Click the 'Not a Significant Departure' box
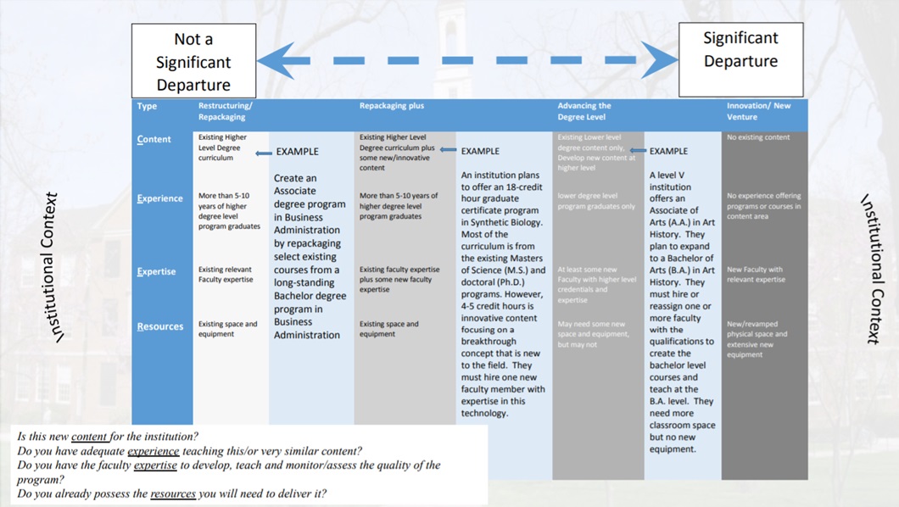pos(193,61)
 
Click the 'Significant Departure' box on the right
pos(740,60)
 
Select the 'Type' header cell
pos(147,106)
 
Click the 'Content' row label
pos(154,140)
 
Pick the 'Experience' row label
pos(159,199)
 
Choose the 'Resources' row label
pos(159,326)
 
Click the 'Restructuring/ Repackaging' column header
pos(226,111)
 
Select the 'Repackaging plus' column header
pos(391,106)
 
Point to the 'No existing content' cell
pos(758,137)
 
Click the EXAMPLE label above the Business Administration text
pos(297,152)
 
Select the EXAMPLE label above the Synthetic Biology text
pos(480,152)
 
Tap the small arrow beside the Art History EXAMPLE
pos(638,150)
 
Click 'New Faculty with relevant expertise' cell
pos(757,274)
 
